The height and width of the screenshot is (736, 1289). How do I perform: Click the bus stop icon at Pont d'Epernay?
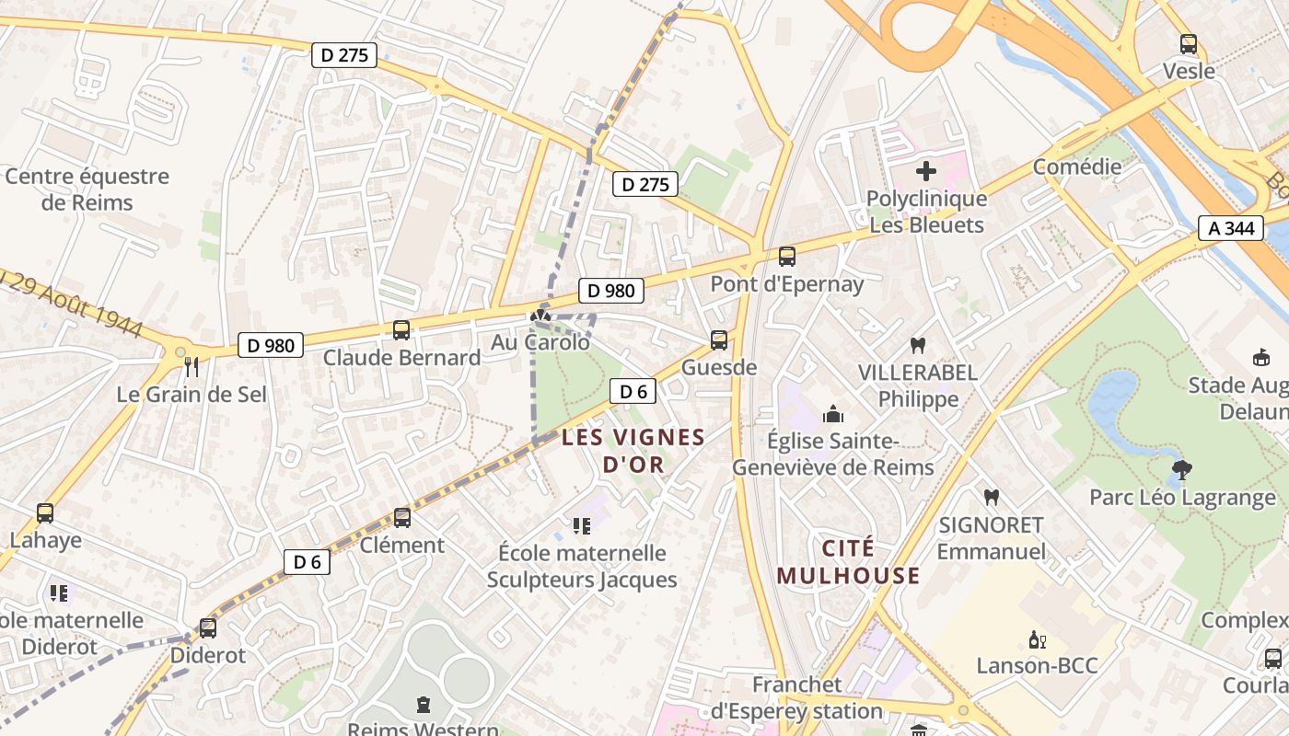(x=786, y=257)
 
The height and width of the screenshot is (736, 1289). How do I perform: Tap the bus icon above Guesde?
(x=719, y=340)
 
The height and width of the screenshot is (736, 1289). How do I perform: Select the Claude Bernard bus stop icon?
(x=401, y=330)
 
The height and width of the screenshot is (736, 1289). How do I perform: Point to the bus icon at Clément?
(x=402, y=518)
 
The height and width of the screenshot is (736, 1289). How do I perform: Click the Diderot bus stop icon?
(x=208, y=628)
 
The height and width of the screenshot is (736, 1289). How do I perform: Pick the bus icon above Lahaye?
(x=45, y=513)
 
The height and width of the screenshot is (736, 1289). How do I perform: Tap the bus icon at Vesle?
(x=1189, y=43)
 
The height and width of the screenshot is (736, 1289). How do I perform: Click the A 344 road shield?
(x=1230, y=228)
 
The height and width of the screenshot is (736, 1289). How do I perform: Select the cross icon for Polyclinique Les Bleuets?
(x=926, y=171)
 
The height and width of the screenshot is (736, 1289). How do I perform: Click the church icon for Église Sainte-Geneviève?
(x=833, y=414)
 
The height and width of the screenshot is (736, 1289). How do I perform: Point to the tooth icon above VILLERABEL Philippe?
(x=917, y=346)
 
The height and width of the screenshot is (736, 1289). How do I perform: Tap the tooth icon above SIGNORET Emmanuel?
(x=991, y=498)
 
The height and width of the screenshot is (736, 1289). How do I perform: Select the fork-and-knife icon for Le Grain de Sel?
(x=192, y=367)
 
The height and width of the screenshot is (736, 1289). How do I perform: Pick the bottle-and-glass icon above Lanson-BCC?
(x=1037, y=639)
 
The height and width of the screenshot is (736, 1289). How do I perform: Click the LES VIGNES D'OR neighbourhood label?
(x=633, y=451)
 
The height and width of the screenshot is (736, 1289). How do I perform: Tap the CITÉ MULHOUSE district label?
(x=848, y=562)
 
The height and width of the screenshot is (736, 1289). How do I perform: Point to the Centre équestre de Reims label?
(x=87, y=189)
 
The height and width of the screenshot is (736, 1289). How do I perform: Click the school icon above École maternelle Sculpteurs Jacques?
(x=581, y=525)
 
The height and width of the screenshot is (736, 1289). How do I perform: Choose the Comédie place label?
(x=1077, y=167)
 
